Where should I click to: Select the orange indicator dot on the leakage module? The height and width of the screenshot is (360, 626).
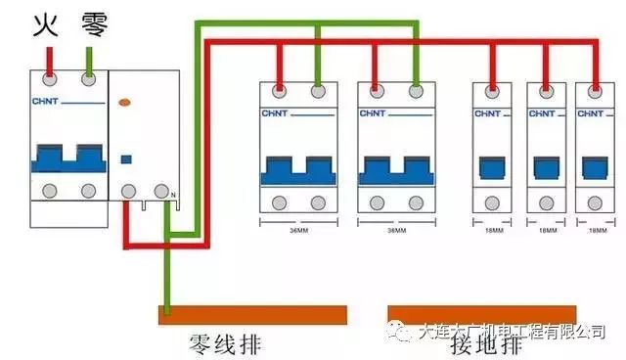pos(124,102)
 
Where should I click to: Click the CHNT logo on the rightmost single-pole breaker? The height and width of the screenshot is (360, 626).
pos(590,113)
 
